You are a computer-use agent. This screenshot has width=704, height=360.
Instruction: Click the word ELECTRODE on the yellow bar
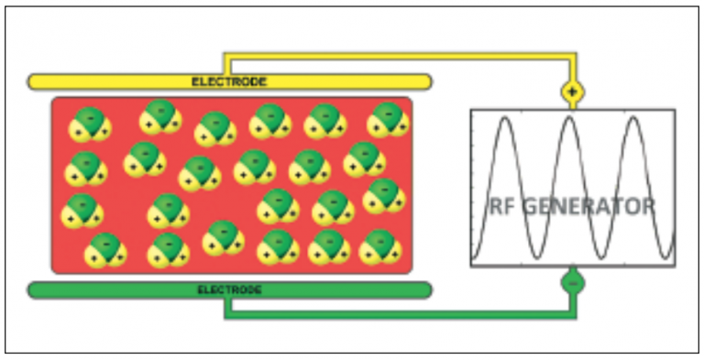[229, 82]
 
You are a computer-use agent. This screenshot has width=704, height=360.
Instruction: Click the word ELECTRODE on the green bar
[229, 290]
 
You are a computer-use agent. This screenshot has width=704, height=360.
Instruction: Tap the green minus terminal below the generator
[573, 284]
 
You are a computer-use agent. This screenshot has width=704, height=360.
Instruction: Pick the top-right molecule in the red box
[387, 119]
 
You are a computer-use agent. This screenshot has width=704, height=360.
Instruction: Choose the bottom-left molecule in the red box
[105, 249]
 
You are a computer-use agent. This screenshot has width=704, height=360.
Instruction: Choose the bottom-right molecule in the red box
[379, 246]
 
